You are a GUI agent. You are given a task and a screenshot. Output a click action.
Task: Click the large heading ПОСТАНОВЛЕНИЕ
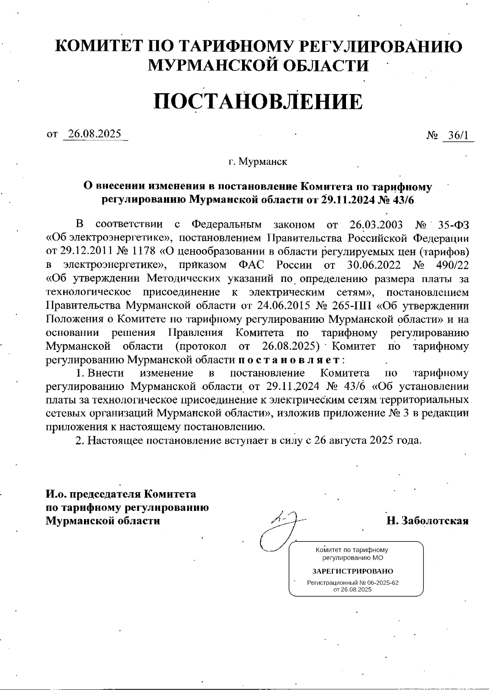[258, 102]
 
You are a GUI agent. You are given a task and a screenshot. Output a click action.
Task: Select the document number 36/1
[458, 136]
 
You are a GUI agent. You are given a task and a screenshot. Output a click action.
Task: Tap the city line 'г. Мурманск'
[258, 162]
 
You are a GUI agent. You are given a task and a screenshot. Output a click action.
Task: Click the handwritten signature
[281, 529]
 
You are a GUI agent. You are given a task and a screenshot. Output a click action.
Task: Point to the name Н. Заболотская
[427, 521]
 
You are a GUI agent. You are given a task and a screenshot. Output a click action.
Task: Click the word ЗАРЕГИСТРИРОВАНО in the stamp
[352, 571]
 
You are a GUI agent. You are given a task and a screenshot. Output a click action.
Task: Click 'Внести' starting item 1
[106, 373]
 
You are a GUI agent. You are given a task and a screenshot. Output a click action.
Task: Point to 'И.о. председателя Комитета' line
[121, 494]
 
